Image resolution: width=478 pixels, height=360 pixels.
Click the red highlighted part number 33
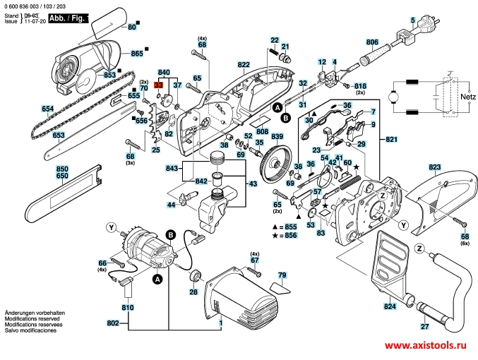coord(159,85)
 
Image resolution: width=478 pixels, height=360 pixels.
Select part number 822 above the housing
coord(244,64)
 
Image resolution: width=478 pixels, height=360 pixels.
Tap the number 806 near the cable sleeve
coord(372,42)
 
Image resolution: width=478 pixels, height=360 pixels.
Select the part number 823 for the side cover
coord(434,167)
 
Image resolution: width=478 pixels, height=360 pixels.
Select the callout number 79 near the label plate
coord(282,275)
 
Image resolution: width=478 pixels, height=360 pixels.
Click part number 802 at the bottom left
coord(112,323)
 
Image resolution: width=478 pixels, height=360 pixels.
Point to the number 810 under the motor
coord(127,308)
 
